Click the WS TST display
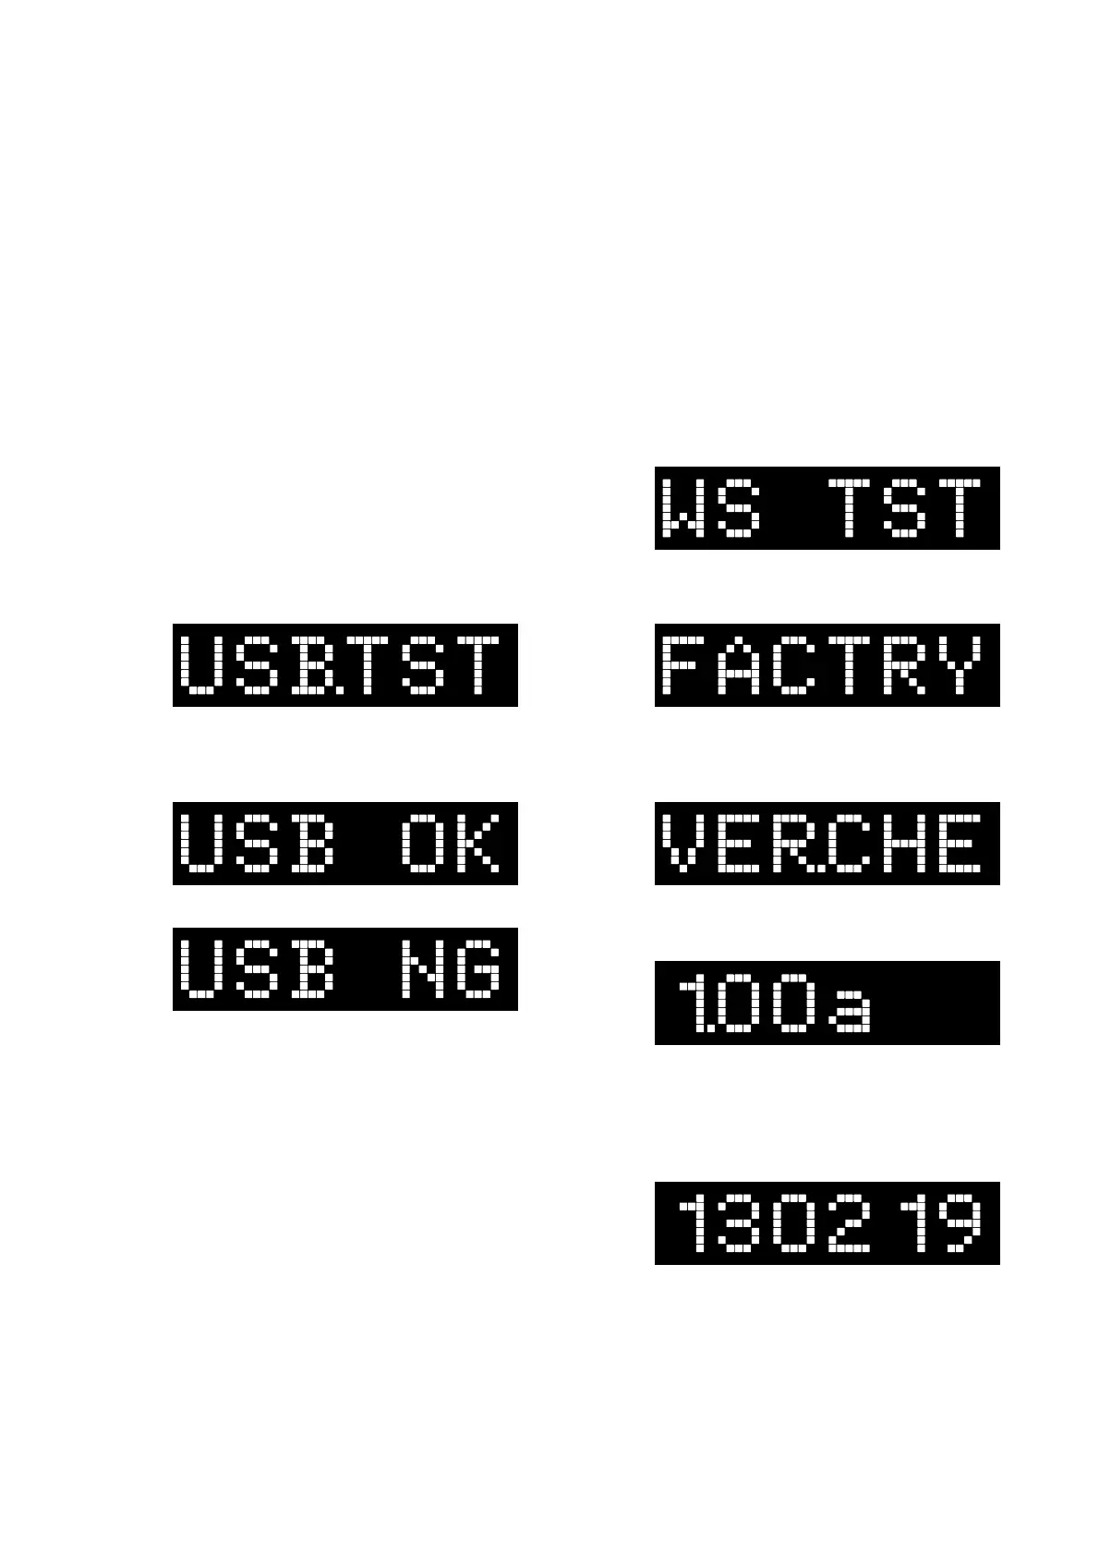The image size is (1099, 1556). pyautogui.click(x=827, y=508)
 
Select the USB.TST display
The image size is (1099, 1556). pyautogui.click(x=344, y=665)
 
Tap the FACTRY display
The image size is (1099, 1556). pyautogui.click(x=827, y=665)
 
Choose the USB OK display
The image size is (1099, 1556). pyautogui.click(x=344, y=844)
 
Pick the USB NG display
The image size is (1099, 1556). pyautogui.click(x=344, y=969)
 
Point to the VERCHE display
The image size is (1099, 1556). pyautogui.click(x=827, y=844)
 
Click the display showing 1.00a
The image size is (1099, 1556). pyautogui.click(x=827, y=1003)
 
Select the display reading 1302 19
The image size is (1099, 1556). pyautogui.click(x=827, y=1222)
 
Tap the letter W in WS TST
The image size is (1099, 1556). pyautogui.click(x=683, y=508)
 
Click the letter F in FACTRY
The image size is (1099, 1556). pyautogui.click(x=683, y=665)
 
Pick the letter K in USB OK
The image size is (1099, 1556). pyautogui.click(x=478, y=844)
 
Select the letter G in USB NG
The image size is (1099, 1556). pyautogui.click(x=478, y=969)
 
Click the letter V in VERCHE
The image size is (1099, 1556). pyautogui.click(x=683, y=844)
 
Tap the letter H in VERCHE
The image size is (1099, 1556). pyautogui.click(x=904, y=844)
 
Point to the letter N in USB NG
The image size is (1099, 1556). pyautogui.click(x=423, y=969)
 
